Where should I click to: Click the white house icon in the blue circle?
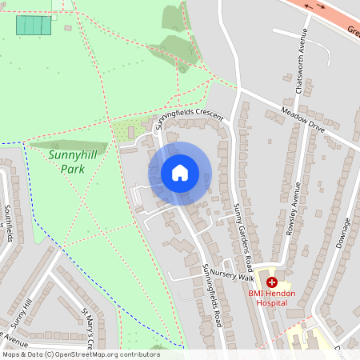180,173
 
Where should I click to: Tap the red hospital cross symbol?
272,282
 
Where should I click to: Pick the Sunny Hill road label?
22,316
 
